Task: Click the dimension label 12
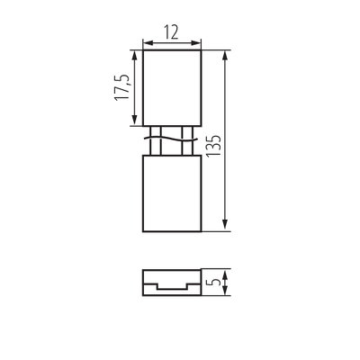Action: point(171,32)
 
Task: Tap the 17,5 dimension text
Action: point(122,86)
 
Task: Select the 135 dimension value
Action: point(213,146)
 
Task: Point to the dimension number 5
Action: point(215,282)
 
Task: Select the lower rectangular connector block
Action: point(172,193)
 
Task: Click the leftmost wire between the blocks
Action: point(150,140)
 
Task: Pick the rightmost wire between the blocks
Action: point(192,140)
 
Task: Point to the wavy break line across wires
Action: point(170,139)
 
